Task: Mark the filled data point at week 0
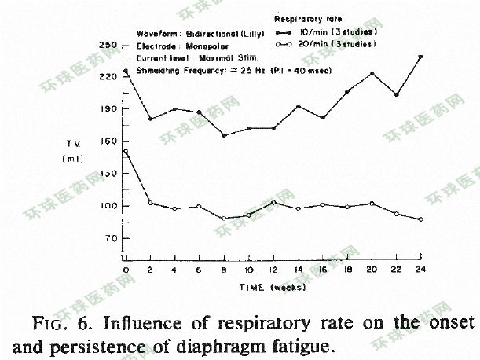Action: [126, 72]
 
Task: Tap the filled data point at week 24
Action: [420, 57]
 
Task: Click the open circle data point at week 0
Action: [126, 151]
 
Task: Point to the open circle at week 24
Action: [420, 219]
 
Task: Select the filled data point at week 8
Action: [224, 135]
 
